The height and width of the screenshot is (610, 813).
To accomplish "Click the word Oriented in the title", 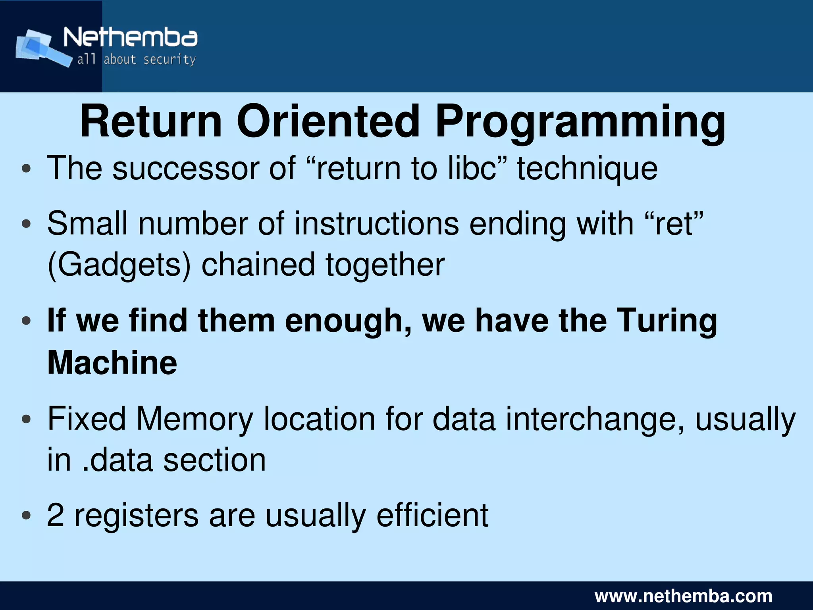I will click(x=328, y=121).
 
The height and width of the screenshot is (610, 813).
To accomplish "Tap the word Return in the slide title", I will click(x=151, y=121).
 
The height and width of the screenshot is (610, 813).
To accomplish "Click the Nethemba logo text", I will click(x=130, y=38).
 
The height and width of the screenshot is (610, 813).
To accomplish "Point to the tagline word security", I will click(x=170, y=60).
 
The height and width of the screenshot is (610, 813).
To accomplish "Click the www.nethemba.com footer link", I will click(x=683, y=596).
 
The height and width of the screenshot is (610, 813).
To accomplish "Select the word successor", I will click(x=185, y=168).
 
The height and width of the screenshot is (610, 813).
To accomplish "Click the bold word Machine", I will click(x=112, y=362).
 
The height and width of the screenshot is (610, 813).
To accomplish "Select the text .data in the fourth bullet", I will click(x=118, y=460).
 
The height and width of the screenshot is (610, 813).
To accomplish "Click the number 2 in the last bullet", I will click(x=56, y=515).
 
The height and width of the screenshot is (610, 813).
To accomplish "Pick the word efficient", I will click(x=432, y=515).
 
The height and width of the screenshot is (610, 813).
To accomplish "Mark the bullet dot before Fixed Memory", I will click(x=27, y=419).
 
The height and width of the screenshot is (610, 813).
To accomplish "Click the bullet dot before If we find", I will click(x=27, y=321).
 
